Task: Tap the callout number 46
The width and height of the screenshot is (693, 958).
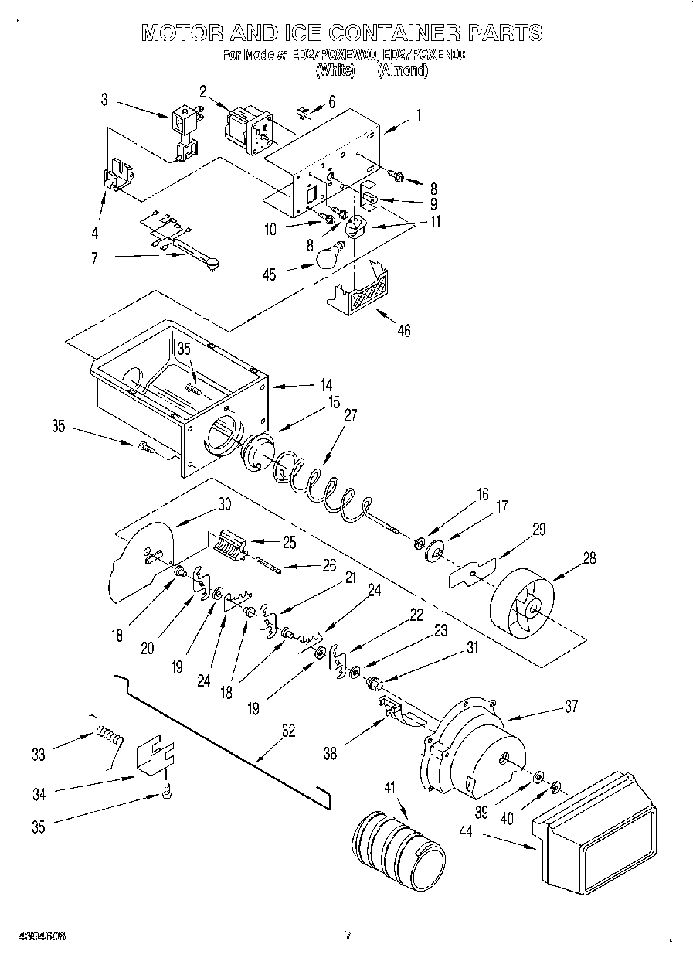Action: (404, 331)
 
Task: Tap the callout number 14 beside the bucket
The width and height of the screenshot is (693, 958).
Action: (305, 384)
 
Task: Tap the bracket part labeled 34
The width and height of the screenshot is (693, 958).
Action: (155, 753)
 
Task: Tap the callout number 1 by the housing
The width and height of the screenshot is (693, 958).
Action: (418, 115)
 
